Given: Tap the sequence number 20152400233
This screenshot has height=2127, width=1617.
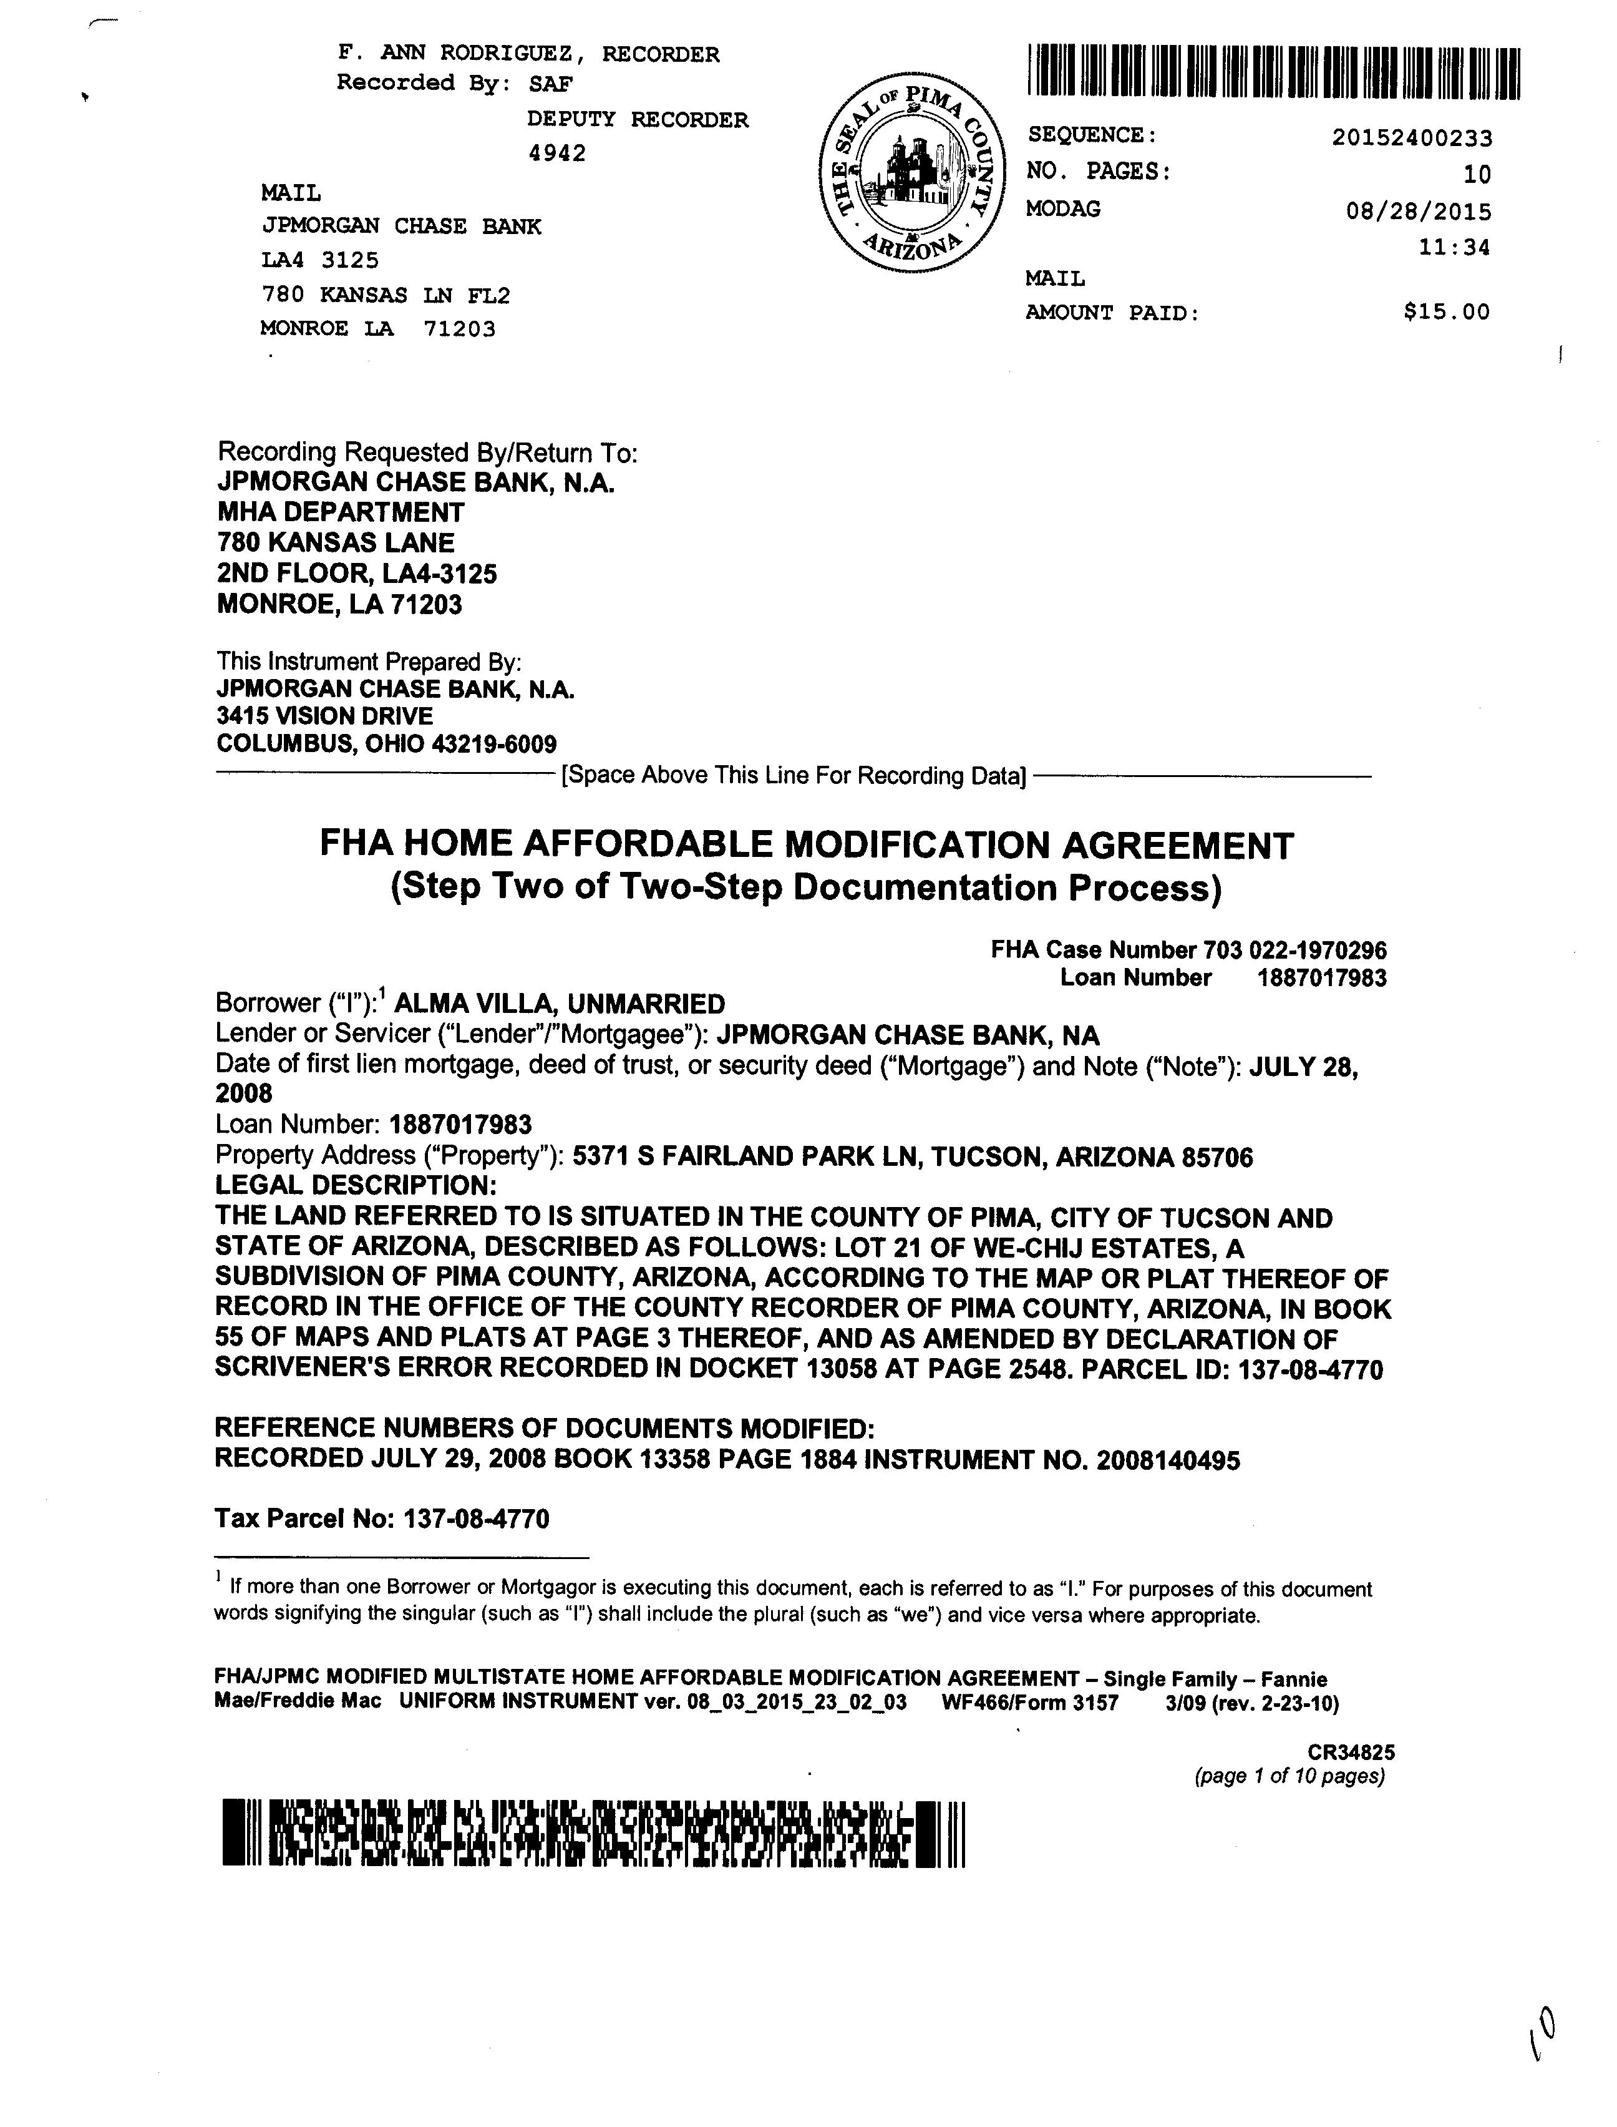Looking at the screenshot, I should pos(1412,139).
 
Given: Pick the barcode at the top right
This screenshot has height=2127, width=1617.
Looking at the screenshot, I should pos(1273,72).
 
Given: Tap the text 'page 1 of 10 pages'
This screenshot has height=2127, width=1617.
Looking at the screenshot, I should pos(1289,1776).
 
